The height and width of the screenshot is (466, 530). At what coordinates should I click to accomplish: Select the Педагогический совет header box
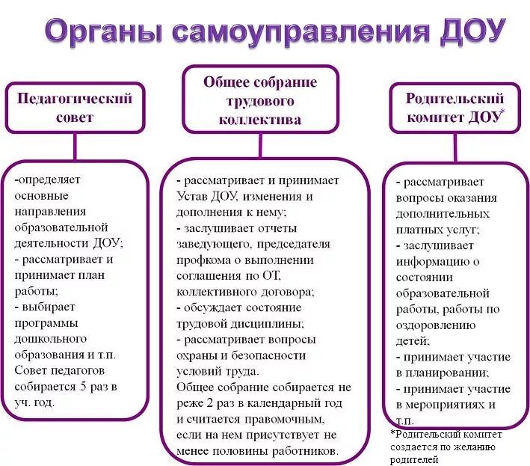tap(75, 108)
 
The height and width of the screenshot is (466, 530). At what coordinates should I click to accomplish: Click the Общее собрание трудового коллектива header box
tap(260, 101)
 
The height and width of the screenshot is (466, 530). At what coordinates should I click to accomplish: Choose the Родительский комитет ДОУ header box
tap(456, 108)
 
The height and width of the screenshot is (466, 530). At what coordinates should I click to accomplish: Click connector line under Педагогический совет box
tap(75, 147)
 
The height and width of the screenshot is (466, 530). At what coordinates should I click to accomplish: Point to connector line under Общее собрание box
tap(260, 147)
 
